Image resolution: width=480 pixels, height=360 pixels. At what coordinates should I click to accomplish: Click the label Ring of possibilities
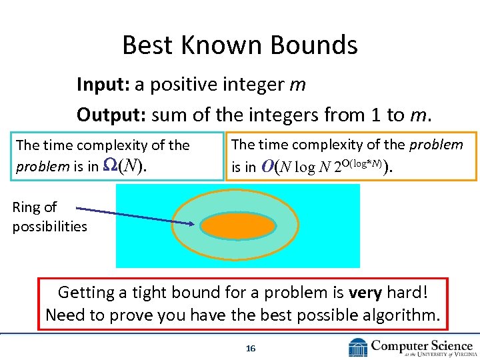pyautogui.click(x=49, y=217)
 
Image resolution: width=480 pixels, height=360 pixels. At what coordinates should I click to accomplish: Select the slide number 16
pyautogui.click(x=251, y=348)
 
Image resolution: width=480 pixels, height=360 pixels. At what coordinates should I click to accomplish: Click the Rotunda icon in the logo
pyautogui.click(x=358, y=347)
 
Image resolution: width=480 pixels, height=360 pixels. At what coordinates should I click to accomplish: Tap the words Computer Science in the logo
pyautogui.click(x=421, y=345)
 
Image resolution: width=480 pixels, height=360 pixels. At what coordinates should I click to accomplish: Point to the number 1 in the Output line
pyautogui.click(x=376, y=115)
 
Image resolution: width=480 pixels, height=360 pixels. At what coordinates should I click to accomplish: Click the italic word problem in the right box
pyautogui.click(x=436, y=145)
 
